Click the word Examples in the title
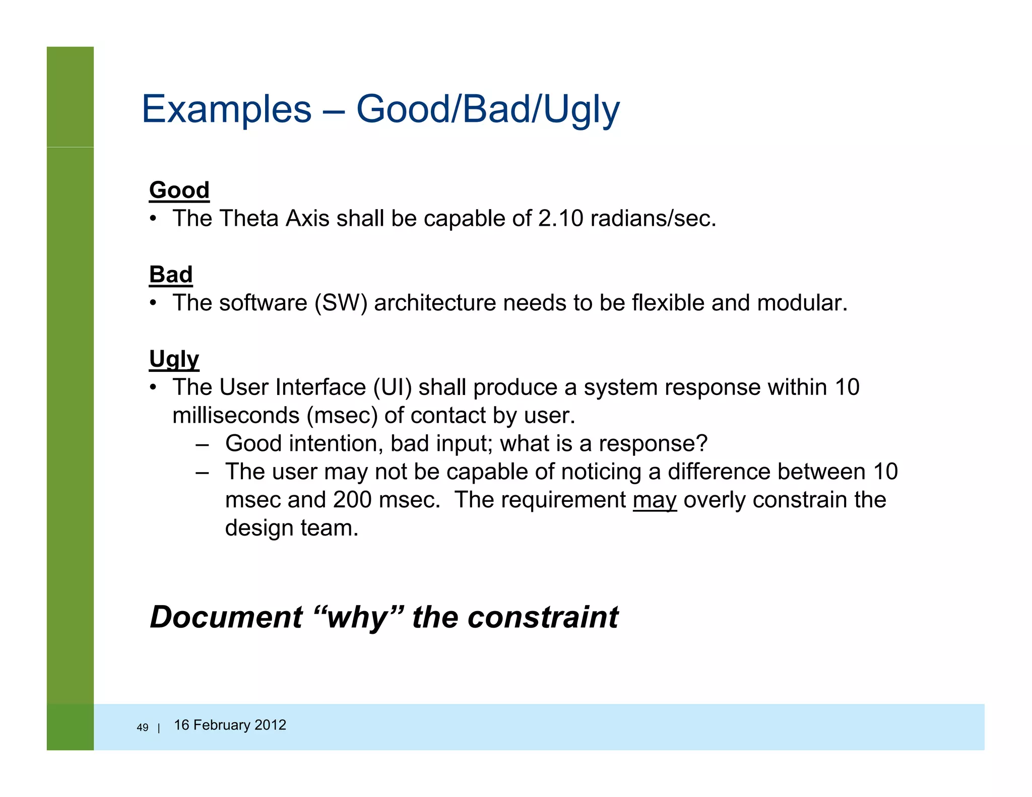click(x=227, y=109)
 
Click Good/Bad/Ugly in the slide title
click(x=488, y=109)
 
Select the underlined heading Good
click(x=179, y=190)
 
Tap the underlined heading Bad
click(x=171, y=275)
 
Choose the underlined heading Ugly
click(x=174, y=360)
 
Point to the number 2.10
click(x=560, y=219)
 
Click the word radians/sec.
click(x=653, y=219)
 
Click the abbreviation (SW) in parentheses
click(x=341, y=303)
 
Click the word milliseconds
click(x=236, y=416)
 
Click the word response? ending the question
click(x=653, y=444)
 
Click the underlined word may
click(x=655, y=500)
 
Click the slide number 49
click(x=143, y=727)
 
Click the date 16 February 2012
click(x=230, y=725)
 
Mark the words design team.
click(x=291, y=528)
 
